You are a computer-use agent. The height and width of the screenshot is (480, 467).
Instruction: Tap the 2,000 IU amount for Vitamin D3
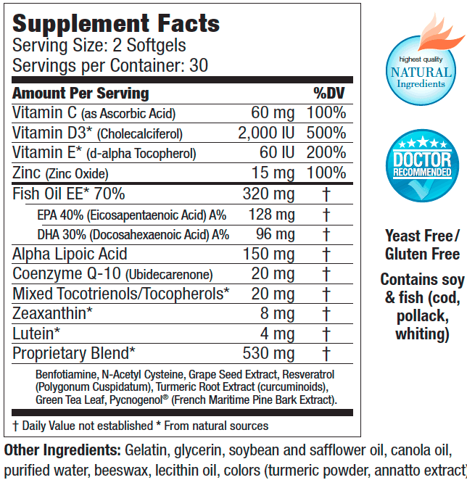point(266,133)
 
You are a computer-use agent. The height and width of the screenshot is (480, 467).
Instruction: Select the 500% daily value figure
point(326,133)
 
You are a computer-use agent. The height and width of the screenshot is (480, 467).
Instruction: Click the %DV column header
point(329,94)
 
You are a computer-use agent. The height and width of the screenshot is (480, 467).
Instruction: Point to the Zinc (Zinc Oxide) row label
point(61,173)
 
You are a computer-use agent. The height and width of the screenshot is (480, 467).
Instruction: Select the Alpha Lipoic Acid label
point(70,255)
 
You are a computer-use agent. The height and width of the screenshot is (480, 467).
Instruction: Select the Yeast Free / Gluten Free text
point(422,245)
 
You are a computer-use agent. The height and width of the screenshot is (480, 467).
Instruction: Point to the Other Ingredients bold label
point(62,449)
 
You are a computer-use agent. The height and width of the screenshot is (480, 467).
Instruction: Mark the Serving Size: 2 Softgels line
point(99,46)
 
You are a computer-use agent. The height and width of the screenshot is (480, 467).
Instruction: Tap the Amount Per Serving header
point(80,94)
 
